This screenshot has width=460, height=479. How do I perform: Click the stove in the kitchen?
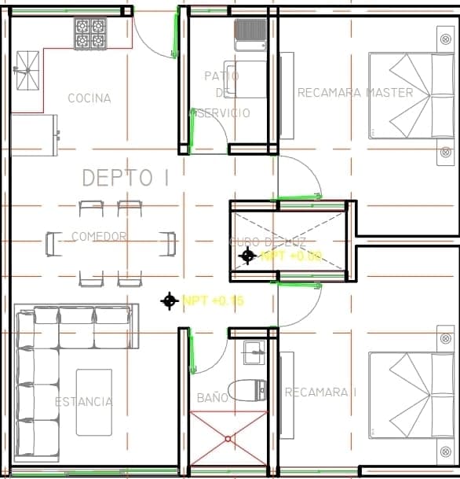tap(90, 34)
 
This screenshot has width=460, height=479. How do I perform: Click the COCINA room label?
tap(89, 98)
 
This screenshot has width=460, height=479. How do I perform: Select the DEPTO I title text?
tap(126, 178)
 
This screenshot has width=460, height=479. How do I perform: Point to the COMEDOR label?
tap(99, 236)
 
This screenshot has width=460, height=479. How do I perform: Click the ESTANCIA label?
tap(83, 401)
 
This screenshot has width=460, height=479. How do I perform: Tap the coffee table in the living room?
tap(93, 402)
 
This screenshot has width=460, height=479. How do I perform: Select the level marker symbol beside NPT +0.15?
tap(169, 300)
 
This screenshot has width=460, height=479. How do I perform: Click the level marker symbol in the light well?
tap(248, 255)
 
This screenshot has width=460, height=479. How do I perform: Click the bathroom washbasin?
tap(254, 353)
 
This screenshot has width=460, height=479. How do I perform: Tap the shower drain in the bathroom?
tap(228, 438)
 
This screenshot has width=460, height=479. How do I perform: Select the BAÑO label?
tap(212, 398)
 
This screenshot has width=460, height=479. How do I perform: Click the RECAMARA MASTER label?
tap(355, 93)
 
